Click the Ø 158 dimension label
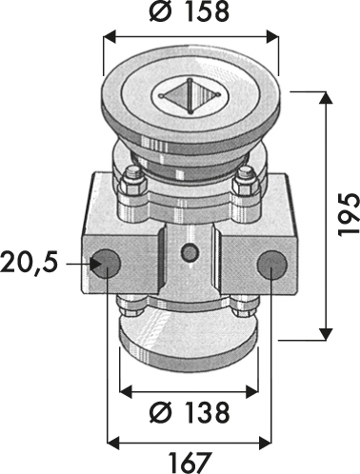pyautogui.click(x=190, y=12)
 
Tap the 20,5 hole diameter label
pyautogui.click(x=30, y=263)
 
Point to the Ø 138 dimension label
pyautogui.click(x=190, y=413)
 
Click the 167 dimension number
pyautogui.click(x=190, y=463)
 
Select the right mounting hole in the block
pyautogui.click(x=272, y=265)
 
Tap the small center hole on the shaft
pyautogui.click(x=190, y=253)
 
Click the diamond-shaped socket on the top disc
pyautogui.click(x=190, y=95)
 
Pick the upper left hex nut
pyautogui.click(x=132, y=182)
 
